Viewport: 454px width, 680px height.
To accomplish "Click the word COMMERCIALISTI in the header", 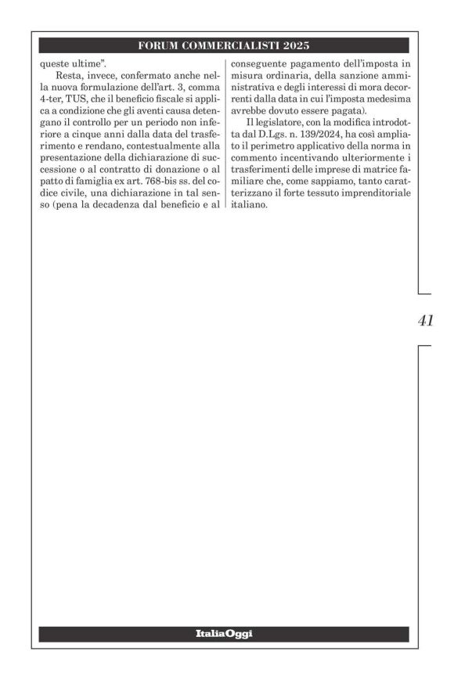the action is pos(227,45).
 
